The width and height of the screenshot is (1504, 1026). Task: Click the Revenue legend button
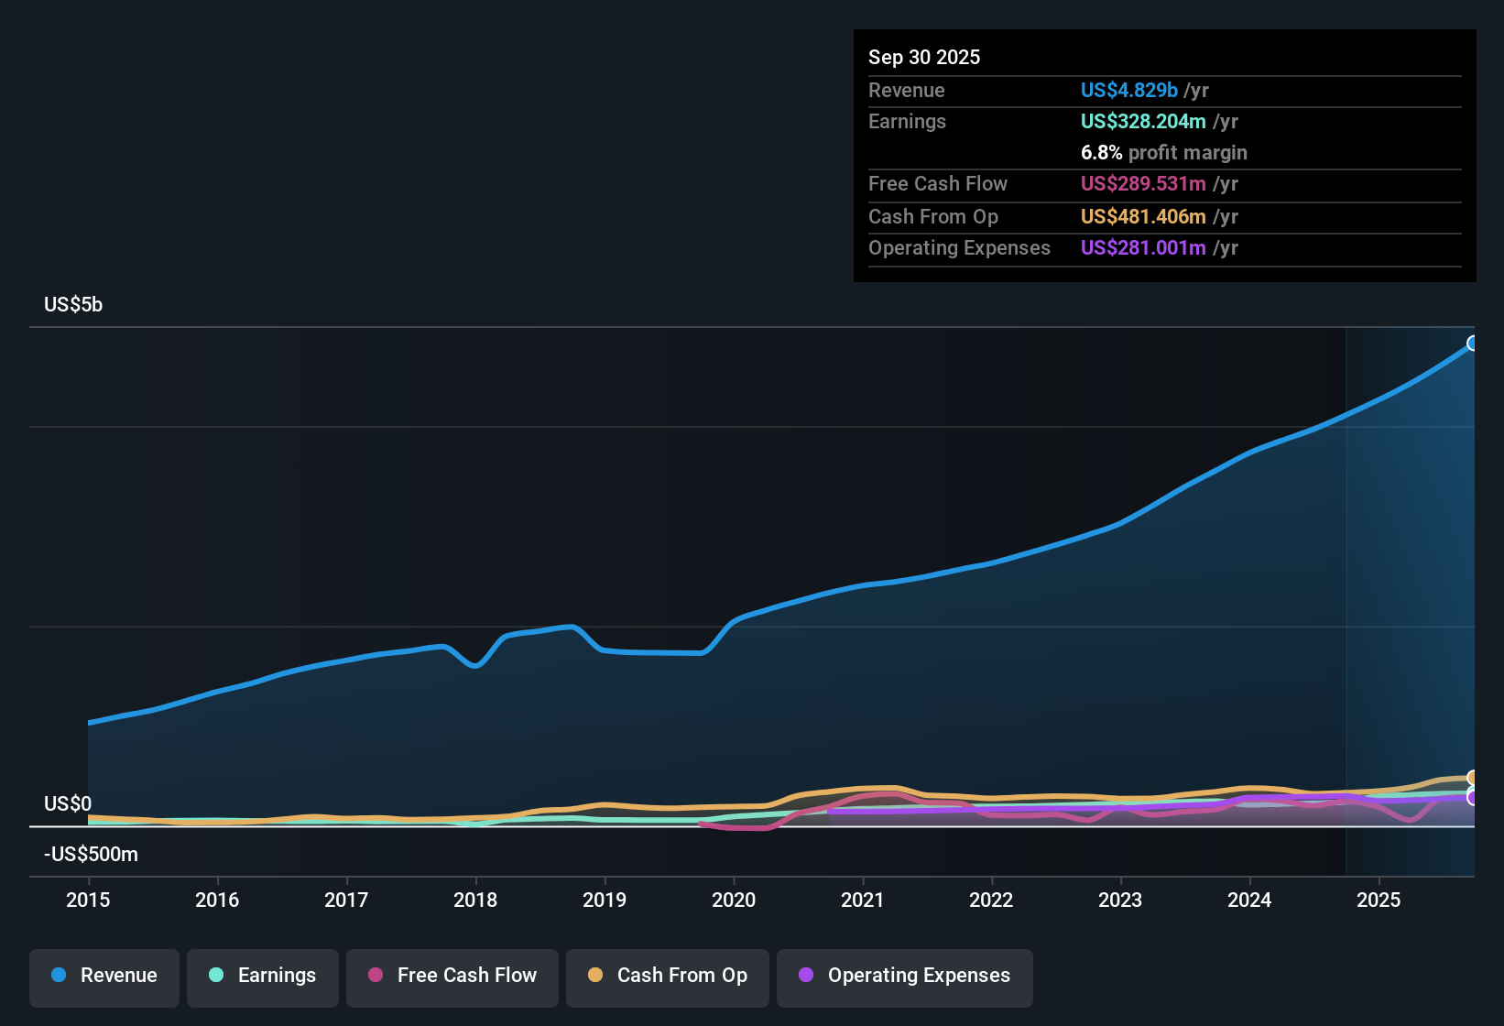pyautogui.click(x=104, y=976)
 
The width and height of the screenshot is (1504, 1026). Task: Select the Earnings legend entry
pyautogui.click(x=263, y=976)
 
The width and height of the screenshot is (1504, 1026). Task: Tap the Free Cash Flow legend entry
pyautogui.click(x=452, y=976)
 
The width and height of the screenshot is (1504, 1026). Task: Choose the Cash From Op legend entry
pyautogui.click(x=668, y=976)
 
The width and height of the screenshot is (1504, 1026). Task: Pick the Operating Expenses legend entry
pyautogui.click(x=905, y=976)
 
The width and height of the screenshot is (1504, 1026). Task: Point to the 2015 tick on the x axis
pyautogui.click(x=88, y=900)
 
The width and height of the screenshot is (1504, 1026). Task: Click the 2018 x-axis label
pyautogui.click(x=475, y=900)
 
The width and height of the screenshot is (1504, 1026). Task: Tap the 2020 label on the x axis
pyautogui.click(x=734, y=900)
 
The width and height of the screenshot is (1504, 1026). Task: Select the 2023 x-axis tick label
pyautogui.click(x=1120, y=900)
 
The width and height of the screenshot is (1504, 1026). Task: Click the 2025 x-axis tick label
pyautogui.click(x=1379, y=900)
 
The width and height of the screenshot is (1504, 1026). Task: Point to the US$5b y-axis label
pyautogui.click(x=73, y=305)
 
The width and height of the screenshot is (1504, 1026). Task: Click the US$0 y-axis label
pyautogui.click(x=68, y=804)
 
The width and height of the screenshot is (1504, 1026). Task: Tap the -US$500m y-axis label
pyautogui.click(x=91, y=855)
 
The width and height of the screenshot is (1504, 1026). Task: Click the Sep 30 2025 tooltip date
pyautogui.click(x=924, y=58)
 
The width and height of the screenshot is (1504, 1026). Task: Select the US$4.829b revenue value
pyautogui.click(x=1128, y=91)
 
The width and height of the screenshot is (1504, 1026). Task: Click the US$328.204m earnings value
pyautogui.click(x=1142, y=122)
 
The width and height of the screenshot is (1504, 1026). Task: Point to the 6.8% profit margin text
pyautogui.click(x=1163, y=153)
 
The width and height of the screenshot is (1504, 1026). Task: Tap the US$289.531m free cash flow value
pyautogui.click(x=1142, y=184)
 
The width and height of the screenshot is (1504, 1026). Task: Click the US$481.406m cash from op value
pyautogui.click(x=1142, y=217)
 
